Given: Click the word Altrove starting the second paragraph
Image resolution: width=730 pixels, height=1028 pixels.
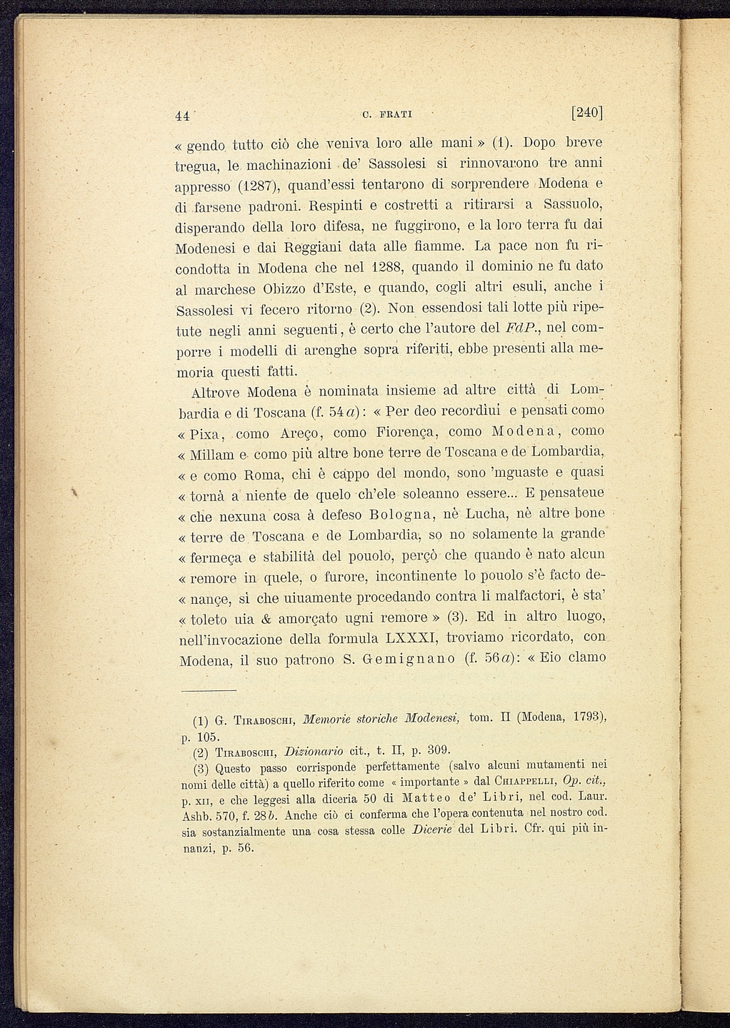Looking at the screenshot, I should tap(216, 393).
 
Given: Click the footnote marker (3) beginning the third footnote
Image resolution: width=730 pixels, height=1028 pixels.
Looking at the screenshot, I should tap(201, 769).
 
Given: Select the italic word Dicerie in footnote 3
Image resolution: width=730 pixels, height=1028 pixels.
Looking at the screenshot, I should tap(426, 830).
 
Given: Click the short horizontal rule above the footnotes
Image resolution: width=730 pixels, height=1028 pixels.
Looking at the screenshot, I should tap(208, 690).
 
